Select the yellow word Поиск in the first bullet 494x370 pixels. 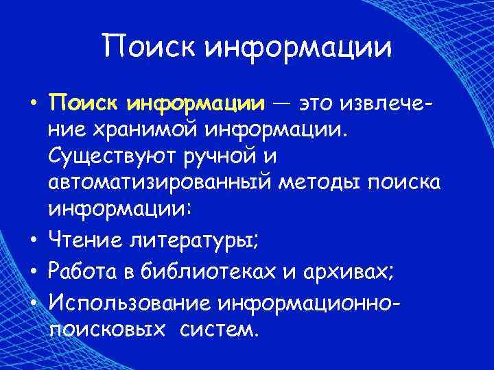point(85,104)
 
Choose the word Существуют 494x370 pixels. point(113,157)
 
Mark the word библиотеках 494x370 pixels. point(215,273)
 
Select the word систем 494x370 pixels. point(220,330)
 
